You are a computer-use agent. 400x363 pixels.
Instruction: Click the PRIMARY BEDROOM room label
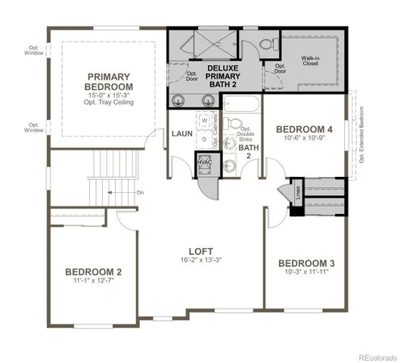pyautogui.click(x=110, y=82)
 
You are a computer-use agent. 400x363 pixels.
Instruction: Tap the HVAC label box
pyautogui.click(x=204, y=163)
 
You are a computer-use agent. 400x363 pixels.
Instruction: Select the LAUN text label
pyautogui.click(x=181, y=134)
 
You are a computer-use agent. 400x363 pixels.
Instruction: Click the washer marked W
pyautogui.click(x=204, y=120)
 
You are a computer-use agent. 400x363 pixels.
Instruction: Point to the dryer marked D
pyautogui.click(x=204, y=139)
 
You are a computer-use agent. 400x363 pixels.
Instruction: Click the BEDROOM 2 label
pyautogui.click(x=93, y=271)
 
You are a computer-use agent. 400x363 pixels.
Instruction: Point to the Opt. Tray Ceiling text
pyautogui.click(x=110, y=103)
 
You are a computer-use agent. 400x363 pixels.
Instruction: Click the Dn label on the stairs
pyautogui.click(x=140, y=192)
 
